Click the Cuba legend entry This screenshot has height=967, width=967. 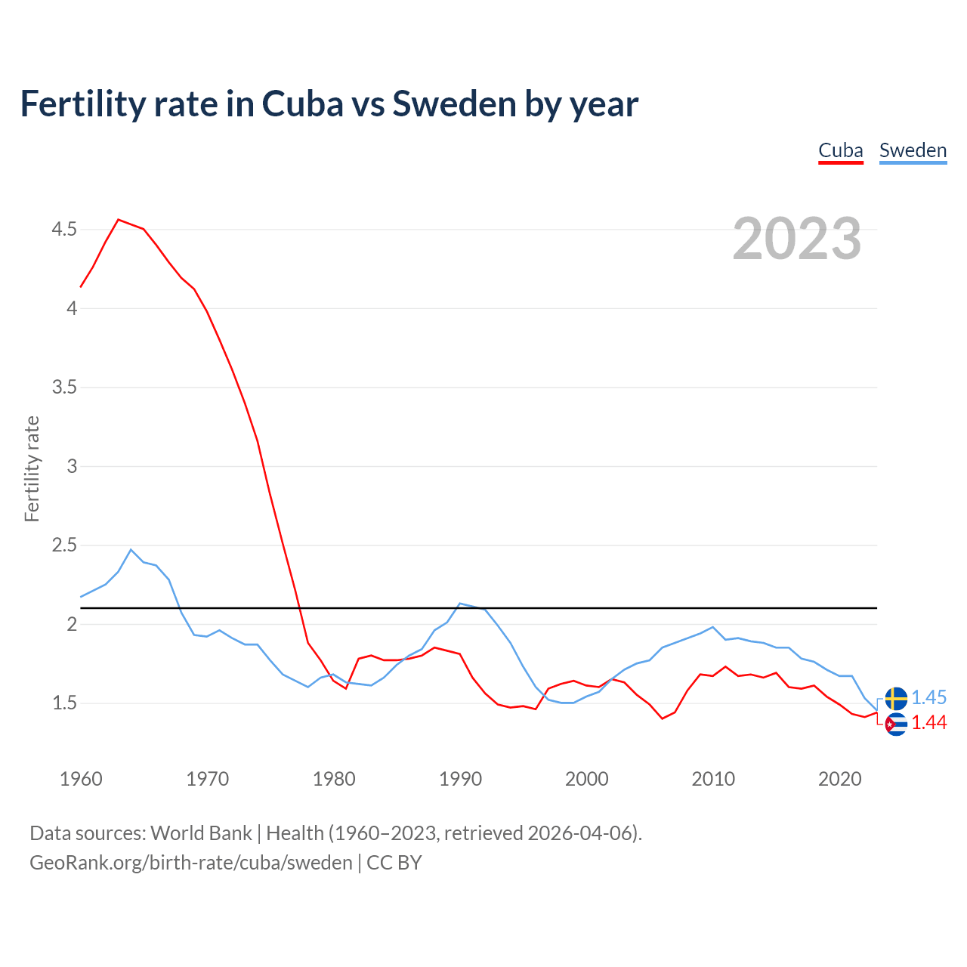[x=841, y=150]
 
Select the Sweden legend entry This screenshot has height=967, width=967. [x=913, y=150]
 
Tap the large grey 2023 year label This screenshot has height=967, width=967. [x=797, y=239]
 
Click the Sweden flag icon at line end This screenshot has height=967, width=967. [x=896, y=699]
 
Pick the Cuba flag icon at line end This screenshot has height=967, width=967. [x=896, y=724]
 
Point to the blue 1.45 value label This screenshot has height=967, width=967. [x=928, y=698]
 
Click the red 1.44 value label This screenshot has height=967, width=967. [x=928, y=723]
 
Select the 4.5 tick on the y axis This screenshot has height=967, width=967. [x=64, y=229]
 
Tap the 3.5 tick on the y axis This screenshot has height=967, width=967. [x=64, y=388]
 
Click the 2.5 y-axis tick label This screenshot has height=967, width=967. [x=64, y=545]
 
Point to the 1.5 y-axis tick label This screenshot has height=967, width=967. [x=64, y=703]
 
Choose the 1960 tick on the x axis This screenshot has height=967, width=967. [x=81, y=779]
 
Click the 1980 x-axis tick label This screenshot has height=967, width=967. [x=334, y=779]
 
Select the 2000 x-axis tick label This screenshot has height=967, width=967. [x=587, y=779]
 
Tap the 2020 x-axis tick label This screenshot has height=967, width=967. [x=839, y=779]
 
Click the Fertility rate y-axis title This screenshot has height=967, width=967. [x=32, y=468]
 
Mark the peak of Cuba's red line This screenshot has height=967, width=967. [x=119, y=220]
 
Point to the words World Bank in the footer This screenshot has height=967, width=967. [x=201, y=833]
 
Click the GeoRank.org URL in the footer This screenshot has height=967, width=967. [x=191, y=863]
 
